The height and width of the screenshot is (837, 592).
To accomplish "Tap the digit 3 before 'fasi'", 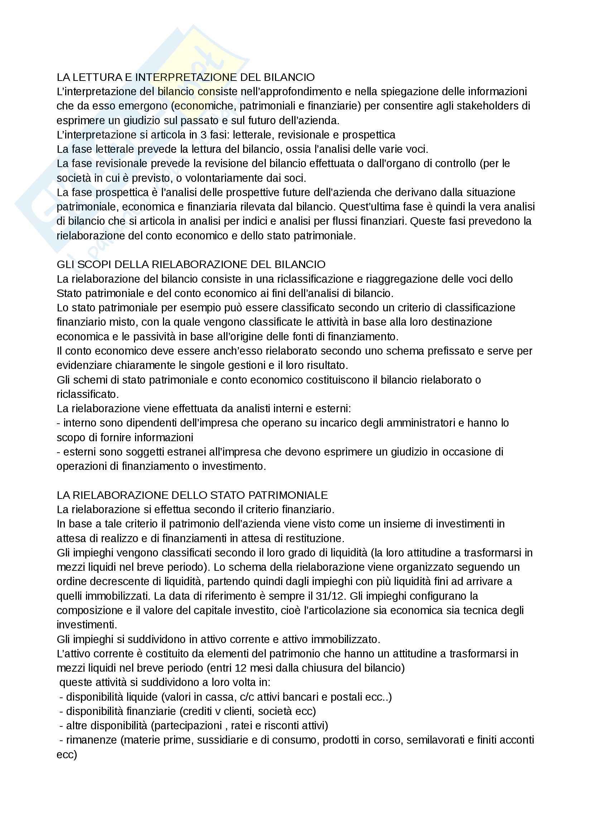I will (203, 135).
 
